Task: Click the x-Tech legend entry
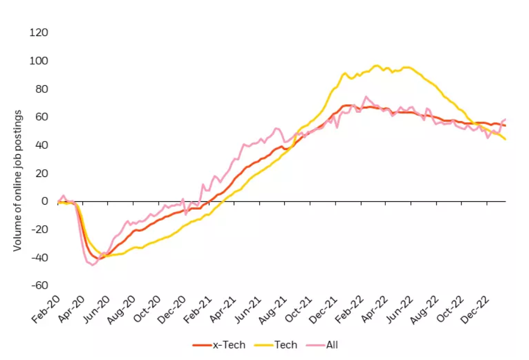pos(217,345)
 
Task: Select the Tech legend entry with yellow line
pos(276,345)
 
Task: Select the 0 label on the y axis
pos(44,201)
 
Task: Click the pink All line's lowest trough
pos(92,265)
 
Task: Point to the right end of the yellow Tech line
pos(505,139)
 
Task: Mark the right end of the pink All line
pos(505,119)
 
